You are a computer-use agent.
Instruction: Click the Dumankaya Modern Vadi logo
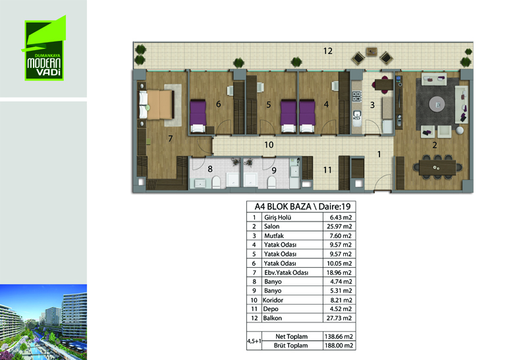pos(44,48)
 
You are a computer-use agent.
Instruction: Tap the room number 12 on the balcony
pos(327,51)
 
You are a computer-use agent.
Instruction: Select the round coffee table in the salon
pos(437,104)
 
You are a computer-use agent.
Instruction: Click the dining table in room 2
pos(437,167)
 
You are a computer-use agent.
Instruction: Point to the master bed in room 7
pos(156,104)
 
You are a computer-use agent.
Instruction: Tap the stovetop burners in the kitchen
pos(356,96)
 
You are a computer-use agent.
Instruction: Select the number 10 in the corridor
pos(269,144)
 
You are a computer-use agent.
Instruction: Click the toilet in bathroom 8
pos(216,183)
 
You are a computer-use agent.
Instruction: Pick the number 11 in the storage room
pos(327,170)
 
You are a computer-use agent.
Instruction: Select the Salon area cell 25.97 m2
pos(339,226)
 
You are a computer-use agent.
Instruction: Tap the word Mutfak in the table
pos(274,236)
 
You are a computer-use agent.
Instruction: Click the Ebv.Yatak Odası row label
pos(286,272)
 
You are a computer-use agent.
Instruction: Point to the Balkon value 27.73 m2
pos(339,318)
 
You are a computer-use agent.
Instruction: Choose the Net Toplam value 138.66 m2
pos(339,336)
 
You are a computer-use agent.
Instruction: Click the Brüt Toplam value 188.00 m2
pos(339,345)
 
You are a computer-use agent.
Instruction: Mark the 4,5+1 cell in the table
pos(254,341)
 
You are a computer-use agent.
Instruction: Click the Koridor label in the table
pos(273,300)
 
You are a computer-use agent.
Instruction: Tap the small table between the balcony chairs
pos(372,52)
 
